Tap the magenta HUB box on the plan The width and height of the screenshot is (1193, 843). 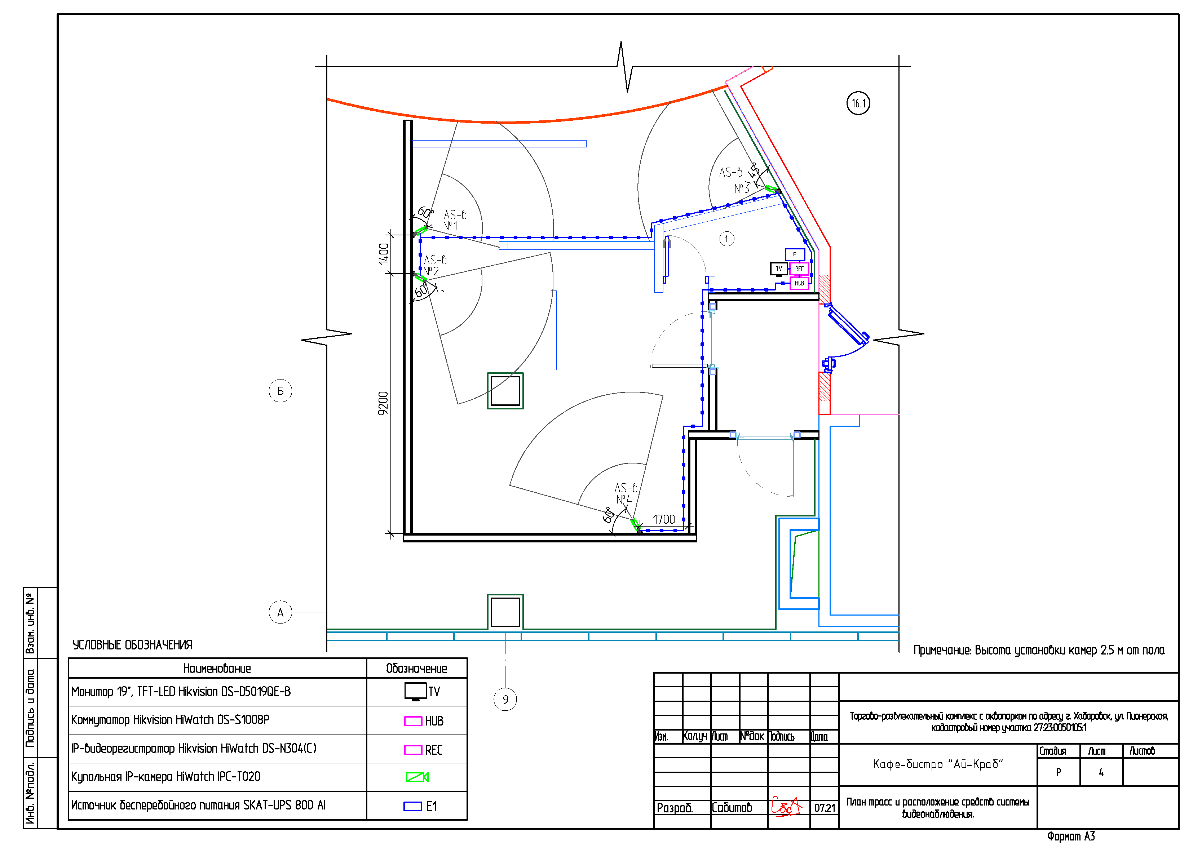tap(799, 283)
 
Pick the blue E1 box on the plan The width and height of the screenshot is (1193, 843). tap(795, 254)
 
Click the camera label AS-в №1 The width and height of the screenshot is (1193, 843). tap(455, 220)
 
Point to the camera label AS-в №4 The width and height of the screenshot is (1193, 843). tap(626, 493)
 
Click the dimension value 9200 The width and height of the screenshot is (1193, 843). tap(383, 403)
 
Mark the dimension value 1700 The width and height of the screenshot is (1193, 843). tap(663, 519)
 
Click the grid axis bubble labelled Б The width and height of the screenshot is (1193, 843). tap(280, 391)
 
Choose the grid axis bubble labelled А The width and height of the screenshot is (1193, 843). tap(280, 612)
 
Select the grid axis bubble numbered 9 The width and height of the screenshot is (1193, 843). tap(505, 700)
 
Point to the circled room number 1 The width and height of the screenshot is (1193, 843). tap(726, 239)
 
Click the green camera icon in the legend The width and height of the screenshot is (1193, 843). tap(417, 777)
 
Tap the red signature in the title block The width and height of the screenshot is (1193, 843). tap(787, 806)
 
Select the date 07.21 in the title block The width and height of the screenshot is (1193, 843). tap(825, 808)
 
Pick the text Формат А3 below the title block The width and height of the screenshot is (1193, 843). tap(1071, 836)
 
